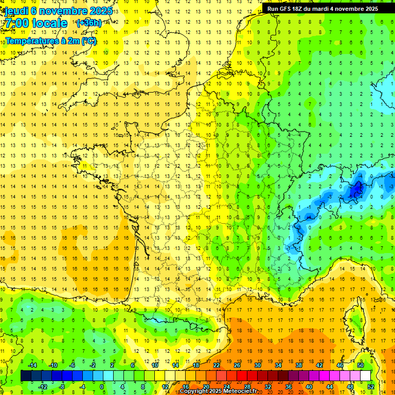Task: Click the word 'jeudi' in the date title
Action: point(16,11)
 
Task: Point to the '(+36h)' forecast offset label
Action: point(88,23)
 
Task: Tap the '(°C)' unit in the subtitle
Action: point(88,41)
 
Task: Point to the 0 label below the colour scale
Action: point(102,387)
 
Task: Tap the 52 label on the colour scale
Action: point(371,387)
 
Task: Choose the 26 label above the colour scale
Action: point(237,365)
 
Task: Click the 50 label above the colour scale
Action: point(361,365)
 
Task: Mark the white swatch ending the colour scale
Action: point(366,376)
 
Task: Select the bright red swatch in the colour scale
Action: point(242,376)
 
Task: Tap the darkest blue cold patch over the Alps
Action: point(355,191)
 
